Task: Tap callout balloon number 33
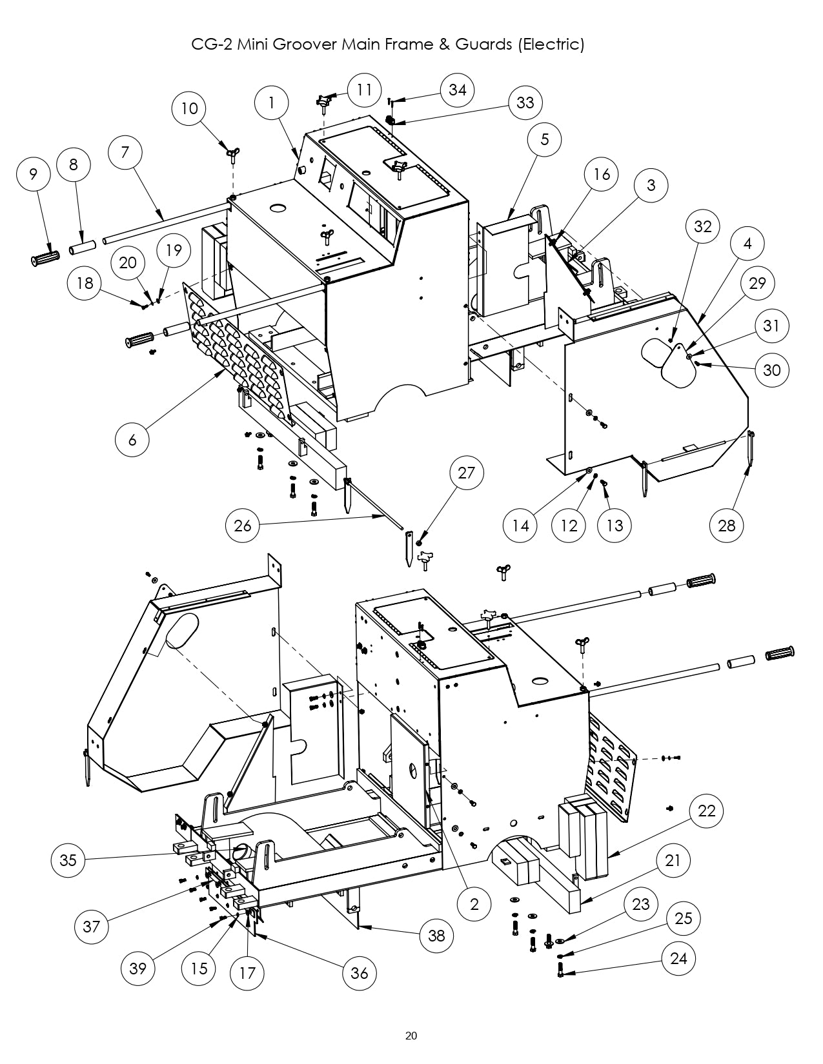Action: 525,103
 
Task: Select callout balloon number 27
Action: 467,473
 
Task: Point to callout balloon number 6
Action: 133,439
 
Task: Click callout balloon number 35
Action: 68,860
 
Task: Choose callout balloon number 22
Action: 707,811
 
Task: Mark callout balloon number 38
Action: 437,935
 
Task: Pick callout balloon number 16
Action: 601,174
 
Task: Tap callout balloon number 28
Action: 727,525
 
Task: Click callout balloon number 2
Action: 474,904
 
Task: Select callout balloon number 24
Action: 678,958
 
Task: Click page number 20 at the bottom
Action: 411,1036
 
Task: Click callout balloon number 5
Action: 544,139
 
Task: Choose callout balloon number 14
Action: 520,525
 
